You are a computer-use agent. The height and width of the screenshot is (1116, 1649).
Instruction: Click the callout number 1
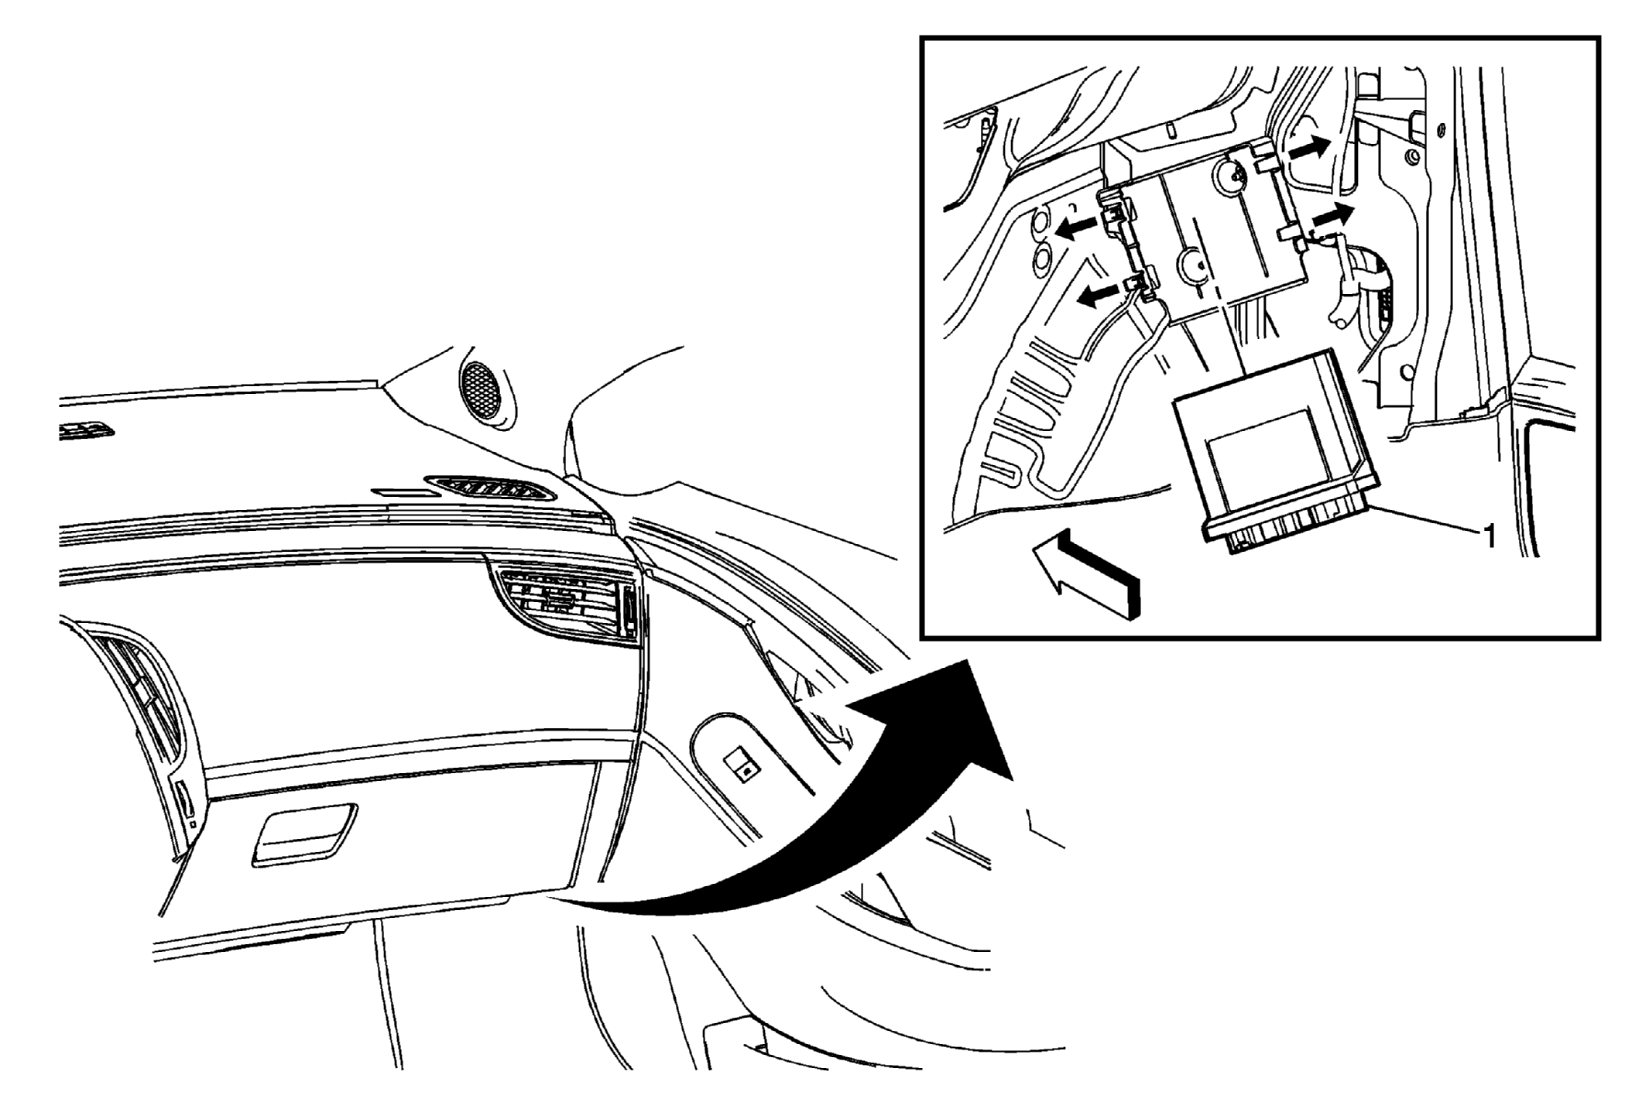[x=1487, y=536]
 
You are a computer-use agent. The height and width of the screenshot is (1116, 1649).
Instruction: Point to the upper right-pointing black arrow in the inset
[x=1309, y=148]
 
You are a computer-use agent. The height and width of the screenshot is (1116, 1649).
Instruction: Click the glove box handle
[x=304, y=835]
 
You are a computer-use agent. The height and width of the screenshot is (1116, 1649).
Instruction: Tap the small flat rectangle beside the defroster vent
[x=403, y=492]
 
